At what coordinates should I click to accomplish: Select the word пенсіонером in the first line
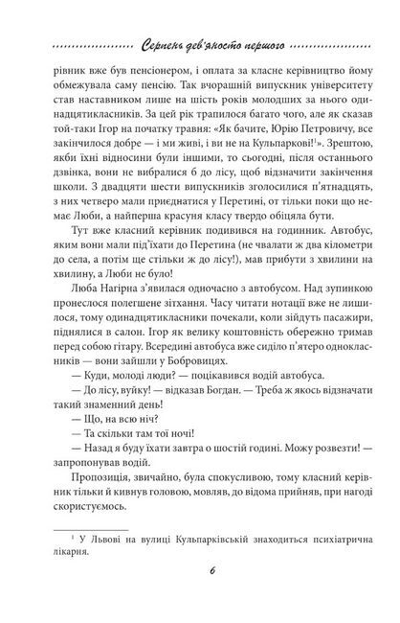pos(152,77)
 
